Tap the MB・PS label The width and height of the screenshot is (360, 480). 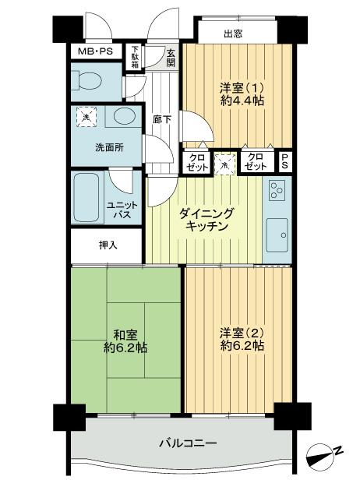94,51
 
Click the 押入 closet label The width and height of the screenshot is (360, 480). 108,245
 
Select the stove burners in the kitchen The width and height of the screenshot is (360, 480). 277,189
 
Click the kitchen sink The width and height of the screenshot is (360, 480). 277,231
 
